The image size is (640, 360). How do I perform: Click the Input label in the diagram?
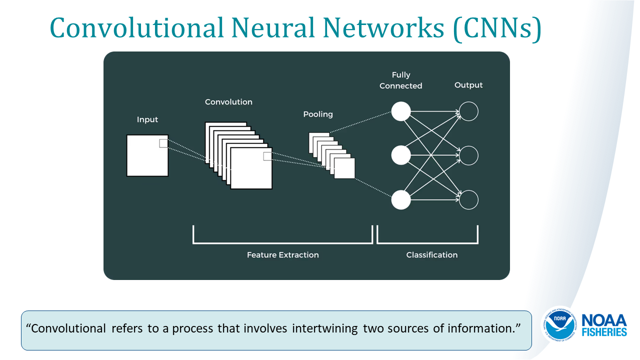(x=147, y=119)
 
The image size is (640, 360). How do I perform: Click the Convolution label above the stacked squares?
(x=228, y=102)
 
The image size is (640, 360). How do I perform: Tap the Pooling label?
(x=318, y=114)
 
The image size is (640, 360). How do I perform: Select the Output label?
(x=468, y=85)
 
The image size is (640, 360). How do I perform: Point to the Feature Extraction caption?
(x=282, y=255)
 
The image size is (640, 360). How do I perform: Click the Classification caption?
(x=431, y=255)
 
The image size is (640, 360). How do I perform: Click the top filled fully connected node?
(x=400, y=111)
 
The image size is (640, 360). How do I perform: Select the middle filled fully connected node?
(x=400, y=155)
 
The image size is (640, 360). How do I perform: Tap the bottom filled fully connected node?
(x=400, y=200)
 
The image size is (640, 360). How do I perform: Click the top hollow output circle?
(x=469, y=111)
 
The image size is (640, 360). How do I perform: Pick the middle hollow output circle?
(x=469, y=155)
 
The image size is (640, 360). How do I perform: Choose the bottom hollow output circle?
(x=469, y=200)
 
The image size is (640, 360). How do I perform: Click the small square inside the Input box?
(x=163, y=143)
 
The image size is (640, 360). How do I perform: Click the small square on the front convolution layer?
(x=267, y=156)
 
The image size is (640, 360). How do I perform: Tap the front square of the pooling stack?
(x=344, y=168)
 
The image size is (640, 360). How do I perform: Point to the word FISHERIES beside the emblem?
(x=605, y=332)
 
